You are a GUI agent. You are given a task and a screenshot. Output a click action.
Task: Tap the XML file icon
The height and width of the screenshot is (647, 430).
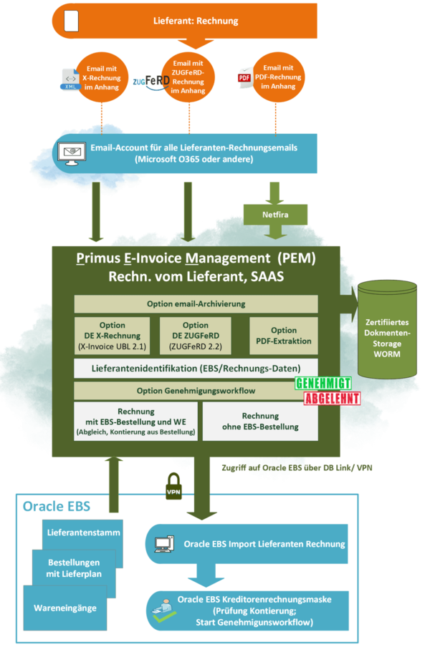(70, 80)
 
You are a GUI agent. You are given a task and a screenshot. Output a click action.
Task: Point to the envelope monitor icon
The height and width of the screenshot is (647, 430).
(71, 153)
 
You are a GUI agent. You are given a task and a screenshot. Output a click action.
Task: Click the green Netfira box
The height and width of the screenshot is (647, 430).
(275, 213)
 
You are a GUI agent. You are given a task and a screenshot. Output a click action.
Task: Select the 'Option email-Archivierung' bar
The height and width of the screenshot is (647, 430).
(196, 303)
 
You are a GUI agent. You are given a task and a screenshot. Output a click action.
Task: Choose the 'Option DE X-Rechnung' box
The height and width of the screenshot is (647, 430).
(112, 334)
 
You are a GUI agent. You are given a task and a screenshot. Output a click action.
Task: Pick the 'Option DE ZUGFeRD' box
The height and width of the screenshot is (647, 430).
(196, 334)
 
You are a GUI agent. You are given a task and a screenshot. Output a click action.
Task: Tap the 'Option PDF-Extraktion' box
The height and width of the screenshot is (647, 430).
(284, 335)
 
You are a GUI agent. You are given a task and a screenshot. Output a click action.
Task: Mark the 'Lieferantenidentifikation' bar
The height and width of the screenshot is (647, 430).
(196, 369)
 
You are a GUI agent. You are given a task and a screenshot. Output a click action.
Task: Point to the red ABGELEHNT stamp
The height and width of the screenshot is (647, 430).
(332, 399)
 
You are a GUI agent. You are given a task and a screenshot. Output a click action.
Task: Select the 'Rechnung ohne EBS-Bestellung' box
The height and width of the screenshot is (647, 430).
(260, 421)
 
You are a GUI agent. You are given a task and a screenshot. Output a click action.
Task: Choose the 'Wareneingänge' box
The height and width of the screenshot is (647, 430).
(64, 608)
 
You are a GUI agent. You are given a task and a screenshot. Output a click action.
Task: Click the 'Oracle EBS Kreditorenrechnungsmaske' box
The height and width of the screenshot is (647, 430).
(247, 610)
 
